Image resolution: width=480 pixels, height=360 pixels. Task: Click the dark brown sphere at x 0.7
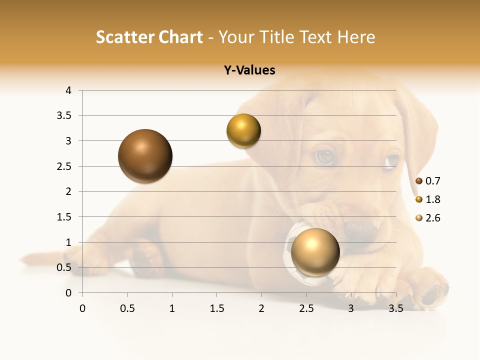pyautogui.click(x=145, y=156)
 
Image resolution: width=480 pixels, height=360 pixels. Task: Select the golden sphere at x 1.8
pyautogui.click(x=243, y=131)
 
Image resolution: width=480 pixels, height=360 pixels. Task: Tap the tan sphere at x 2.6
pyautogui.click(x=315, y=252)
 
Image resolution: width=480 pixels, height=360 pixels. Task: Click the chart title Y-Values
pyautogui.click(x=249, y=70)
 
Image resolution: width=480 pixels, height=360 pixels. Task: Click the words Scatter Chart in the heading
pyautogui.click(x=149, y=37)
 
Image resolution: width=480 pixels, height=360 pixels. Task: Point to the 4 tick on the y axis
pyautogui.click(x=68, y=90)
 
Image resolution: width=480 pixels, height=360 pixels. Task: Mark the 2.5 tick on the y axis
pyautogui.click(x=64, y=166)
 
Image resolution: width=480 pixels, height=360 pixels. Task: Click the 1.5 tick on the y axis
pyautogui.click(x=64, y=217)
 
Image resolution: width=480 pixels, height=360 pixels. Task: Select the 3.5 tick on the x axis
pyautogui.click(x=395, y=308)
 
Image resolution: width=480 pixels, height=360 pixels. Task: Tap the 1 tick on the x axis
pyautogui.click(x=172, y=308)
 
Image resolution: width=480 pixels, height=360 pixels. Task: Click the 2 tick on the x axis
pyautogui.click(x=261, y=308)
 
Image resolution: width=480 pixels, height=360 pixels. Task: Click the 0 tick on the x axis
pyautogui.click(x=82, y=308)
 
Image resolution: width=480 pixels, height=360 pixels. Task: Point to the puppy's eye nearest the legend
pyautogui.click(x=391, y=161)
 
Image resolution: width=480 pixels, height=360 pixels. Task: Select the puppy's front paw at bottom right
pyautogui.click(x=430, y=290)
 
